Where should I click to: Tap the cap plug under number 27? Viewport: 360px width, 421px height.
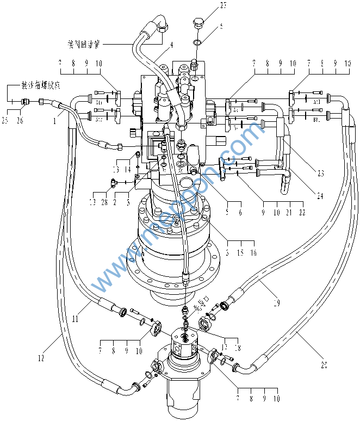pos(198,23)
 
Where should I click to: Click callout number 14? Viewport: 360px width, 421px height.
pos(128,170)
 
